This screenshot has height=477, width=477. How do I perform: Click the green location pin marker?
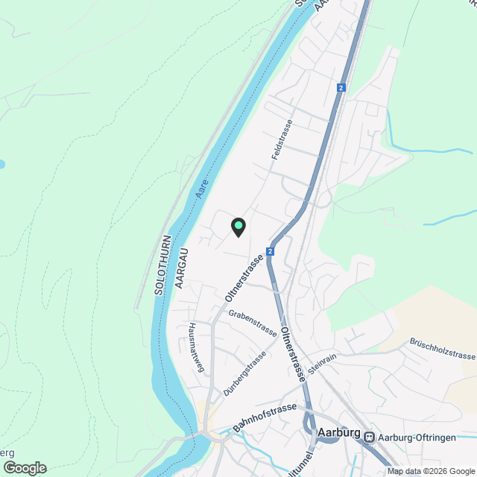click(x=238, y=226)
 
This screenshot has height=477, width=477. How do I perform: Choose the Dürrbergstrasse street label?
click(x=244, y=373)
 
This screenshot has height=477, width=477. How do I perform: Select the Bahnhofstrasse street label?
click(x=265, y=417)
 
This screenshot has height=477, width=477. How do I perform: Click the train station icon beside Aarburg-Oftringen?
click(x=370, y=437)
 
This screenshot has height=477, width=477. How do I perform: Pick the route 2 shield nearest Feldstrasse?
click(x=341, y=88)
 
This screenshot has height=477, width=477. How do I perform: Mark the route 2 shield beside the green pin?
click(x=270, y=251)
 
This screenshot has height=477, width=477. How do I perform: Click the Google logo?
click(x=24, y=467)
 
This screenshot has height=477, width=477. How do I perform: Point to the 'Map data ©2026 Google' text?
click(x=431, y=471)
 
